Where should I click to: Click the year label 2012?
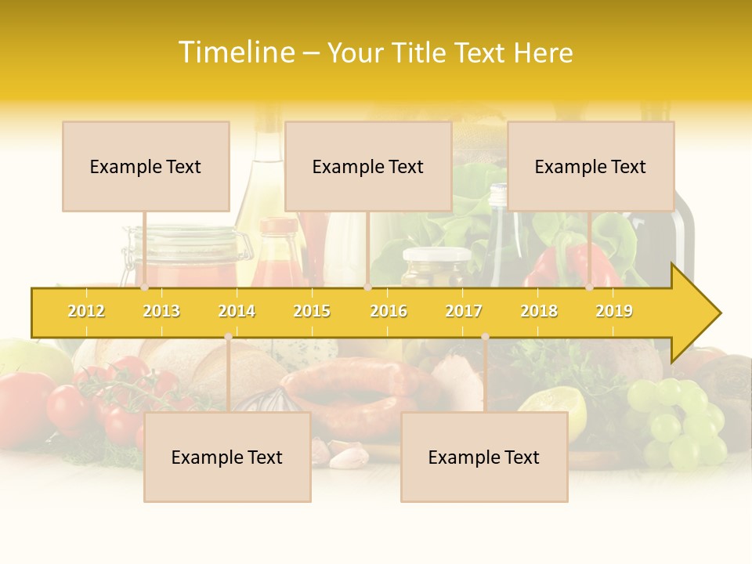click(86, 311)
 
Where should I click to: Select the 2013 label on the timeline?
click(161, 311)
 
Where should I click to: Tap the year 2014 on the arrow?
click(237, 311)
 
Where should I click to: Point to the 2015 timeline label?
click(312, 311)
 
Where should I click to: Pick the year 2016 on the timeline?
click(389, 311)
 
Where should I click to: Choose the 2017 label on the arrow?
click(464, 311)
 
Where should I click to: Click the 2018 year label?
click(539, 311)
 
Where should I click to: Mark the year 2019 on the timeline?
click(614, 311)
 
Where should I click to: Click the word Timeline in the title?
click(237, 52)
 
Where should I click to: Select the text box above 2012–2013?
click(146, 166)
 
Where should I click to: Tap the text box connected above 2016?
click(368, 166)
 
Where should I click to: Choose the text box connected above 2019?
click(591, 166)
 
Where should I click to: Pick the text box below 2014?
click(227, 457)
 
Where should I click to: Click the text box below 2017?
click(484, 457)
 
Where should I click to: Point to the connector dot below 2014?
click(228, 336)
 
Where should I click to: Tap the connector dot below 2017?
click(485, 336)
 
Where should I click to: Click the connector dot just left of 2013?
click(144, 287)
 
